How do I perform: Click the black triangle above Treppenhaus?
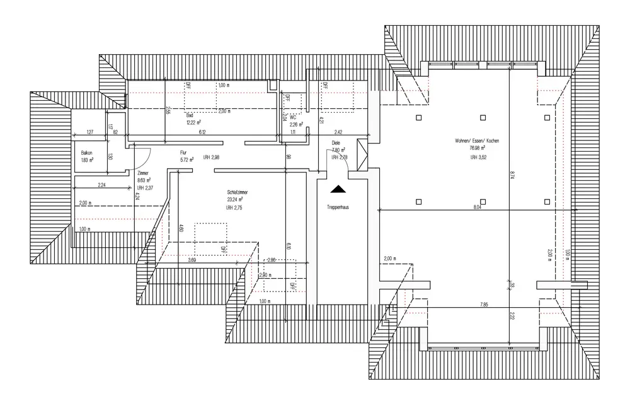click(x=338, y=188)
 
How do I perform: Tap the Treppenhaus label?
click(x=338, y=207)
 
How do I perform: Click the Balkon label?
click(x=87, y=153)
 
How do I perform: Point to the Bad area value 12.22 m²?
click(x=193, y=122)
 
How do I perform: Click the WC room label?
click(x=293, y=117)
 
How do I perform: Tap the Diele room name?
click(x=336, y=143)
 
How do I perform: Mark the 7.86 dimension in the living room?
click(x=484, y=305)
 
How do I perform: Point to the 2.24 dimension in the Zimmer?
click(x=101, y=184)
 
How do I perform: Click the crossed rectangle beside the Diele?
click(x=361, y=155)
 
